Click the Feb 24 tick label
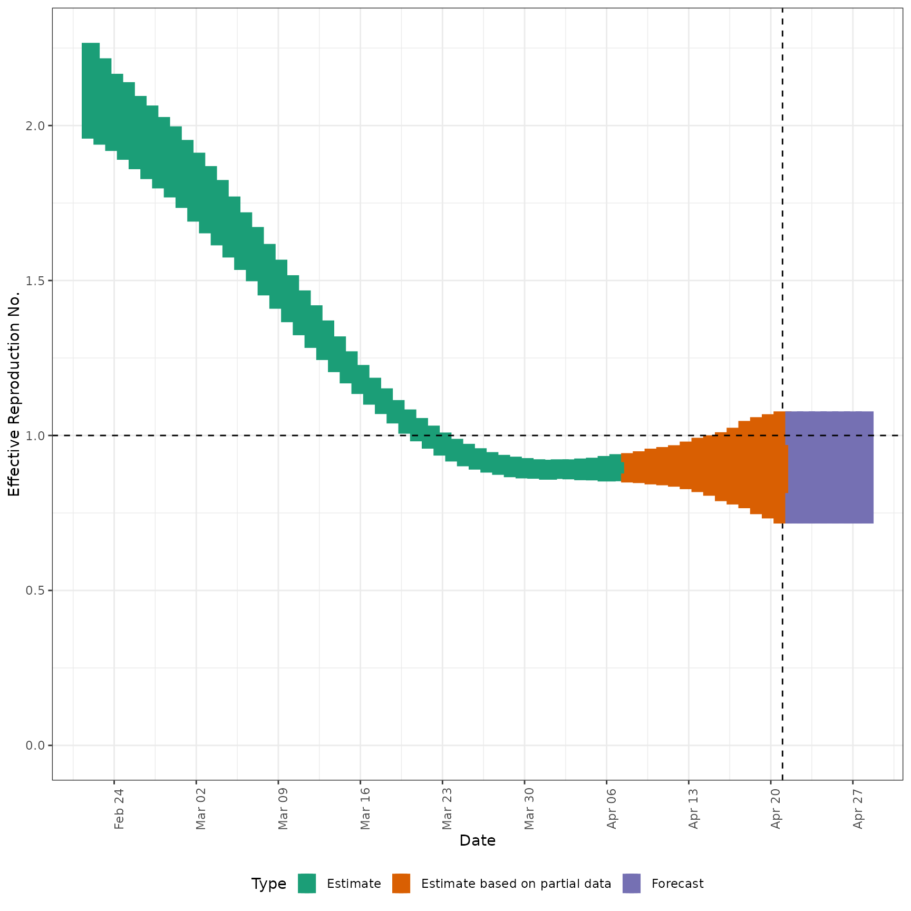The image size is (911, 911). click(119, 809)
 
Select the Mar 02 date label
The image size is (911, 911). click(201, 809)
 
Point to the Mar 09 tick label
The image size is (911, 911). click(283, 809)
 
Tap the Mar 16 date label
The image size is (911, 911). click(365, 809)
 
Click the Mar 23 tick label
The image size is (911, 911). click(447, 809)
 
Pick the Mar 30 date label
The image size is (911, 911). click(529, 809)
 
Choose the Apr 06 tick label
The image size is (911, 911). click(612, 809)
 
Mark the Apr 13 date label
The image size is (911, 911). click(694, 809)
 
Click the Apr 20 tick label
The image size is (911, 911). click(776, 809)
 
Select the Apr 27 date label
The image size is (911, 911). click(858, 809)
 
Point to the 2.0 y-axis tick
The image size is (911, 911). click(36, 126)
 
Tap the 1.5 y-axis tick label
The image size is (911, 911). click(36, 280)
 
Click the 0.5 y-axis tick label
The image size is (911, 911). click(36, 590)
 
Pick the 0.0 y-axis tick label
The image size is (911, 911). click(36, 745)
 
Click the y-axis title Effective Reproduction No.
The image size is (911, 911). click(14, 394)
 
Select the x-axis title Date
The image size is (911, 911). click(477, 840)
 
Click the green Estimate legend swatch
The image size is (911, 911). click(307, 884)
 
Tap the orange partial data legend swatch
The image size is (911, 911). click(401, 884)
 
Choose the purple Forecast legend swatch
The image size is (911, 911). click(632, 884)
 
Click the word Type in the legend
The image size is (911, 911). click(269, 884)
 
